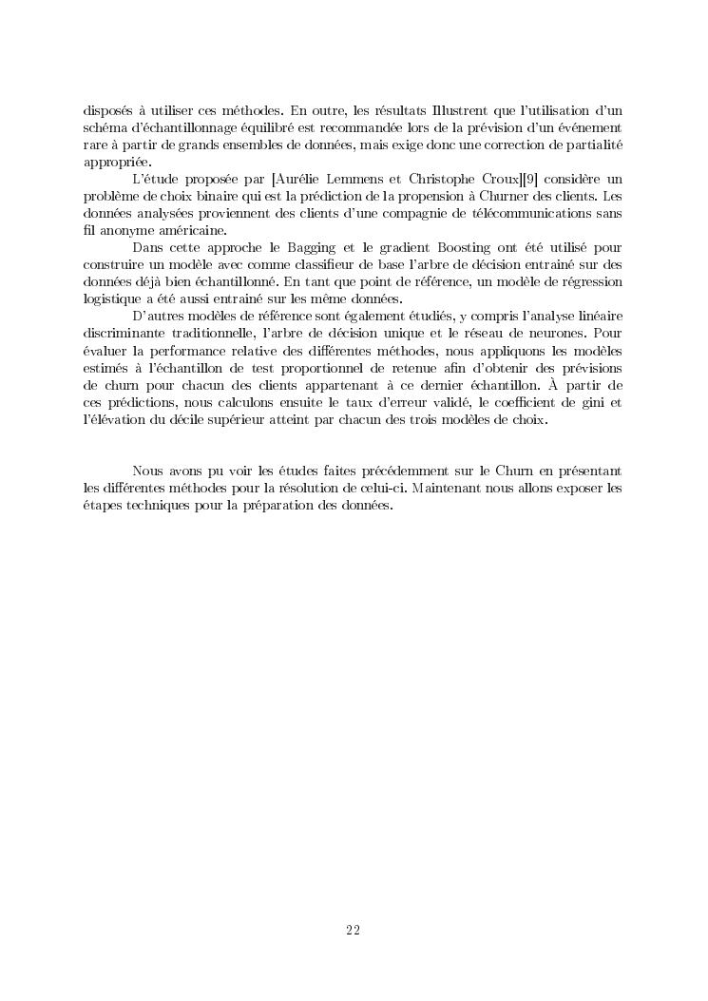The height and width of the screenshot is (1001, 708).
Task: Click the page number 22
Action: tap(353, 930)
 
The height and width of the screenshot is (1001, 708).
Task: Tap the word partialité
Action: tap(591, 144)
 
